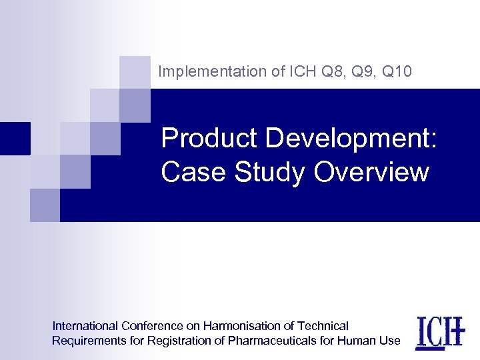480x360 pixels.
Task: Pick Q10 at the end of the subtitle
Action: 398,72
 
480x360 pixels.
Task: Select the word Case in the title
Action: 193,172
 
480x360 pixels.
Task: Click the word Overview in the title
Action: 371,172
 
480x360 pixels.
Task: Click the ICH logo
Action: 439,331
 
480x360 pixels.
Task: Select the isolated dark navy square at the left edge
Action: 15,138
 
